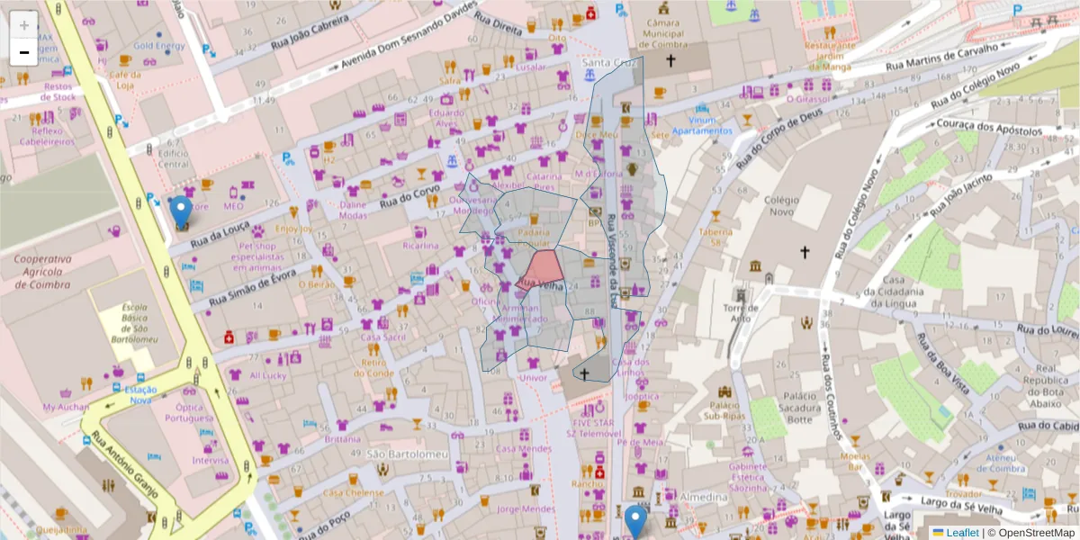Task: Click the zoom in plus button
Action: click(x=24, y=25)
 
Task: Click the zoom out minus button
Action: click(x=24, y=52)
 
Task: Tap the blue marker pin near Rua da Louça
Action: click(x=181, y=212)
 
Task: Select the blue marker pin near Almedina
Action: click(x=636, y=521)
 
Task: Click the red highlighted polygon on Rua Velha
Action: click(x=543, y=269)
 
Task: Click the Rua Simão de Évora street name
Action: click(x=254, y=289)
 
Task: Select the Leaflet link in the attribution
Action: click(x=961, y=532)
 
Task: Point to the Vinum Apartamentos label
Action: click(x=698, y=125)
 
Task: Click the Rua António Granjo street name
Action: click(x=124, y=465)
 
